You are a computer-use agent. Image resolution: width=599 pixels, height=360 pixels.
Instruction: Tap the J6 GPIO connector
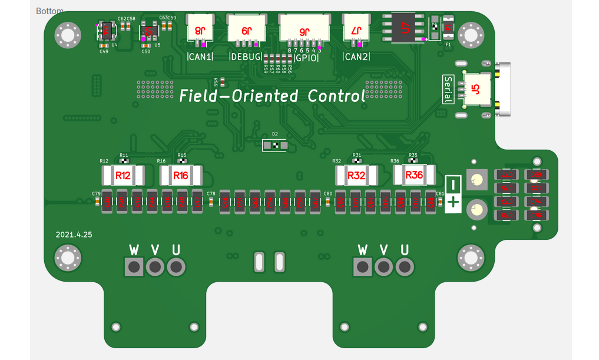303,29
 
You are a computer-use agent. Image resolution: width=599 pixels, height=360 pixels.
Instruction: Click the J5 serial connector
476,90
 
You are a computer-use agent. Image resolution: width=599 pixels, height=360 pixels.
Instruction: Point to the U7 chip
404,27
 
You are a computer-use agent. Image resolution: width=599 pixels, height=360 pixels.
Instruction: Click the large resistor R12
123,175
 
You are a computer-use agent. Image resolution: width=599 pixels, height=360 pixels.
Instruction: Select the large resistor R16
181,175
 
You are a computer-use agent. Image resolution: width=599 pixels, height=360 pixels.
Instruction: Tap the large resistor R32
356,175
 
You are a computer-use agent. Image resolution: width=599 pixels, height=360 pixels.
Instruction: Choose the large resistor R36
414,174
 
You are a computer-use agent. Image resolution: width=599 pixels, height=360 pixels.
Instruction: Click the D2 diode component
274,144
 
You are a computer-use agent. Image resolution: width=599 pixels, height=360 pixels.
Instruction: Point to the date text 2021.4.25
74,234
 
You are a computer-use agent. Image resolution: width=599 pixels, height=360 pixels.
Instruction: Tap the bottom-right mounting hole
470,257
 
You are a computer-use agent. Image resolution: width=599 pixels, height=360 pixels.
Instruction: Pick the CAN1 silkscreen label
200,57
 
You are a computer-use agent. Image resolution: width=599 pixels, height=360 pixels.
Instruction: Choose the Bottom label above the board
50,11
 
